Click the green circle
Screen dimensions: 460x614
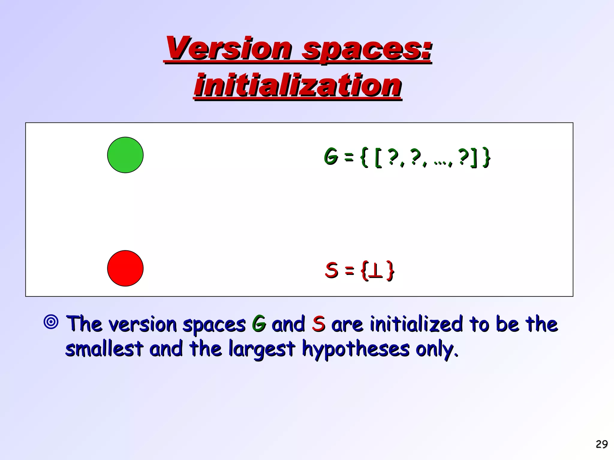[x=125, y=155]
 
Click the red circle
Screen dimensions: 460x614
[x=125, y=268]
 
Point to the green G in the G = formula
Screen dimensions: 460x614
[x=331, y=156]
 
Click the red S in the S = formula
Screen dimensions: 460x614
[x=332, y=270]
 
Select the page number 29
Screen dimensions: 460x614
[x=602, y=444]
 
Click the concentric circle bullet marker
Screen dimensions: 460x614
[x=51, y=322]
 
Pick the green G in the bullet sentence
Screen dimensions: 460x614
[x=259, y=324]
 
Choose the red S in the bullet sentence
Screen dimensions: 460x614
[x=318, y=324]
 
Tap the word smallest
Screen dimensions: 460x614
[x=104, y=349]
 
